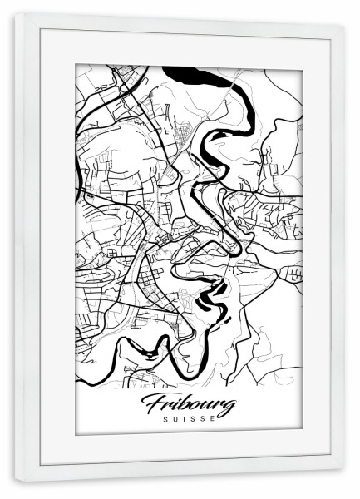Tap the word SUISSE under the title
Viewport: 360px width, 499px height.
tap(189, 419)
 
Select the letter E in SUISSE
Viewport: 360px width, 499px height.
tap(214, 419)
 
